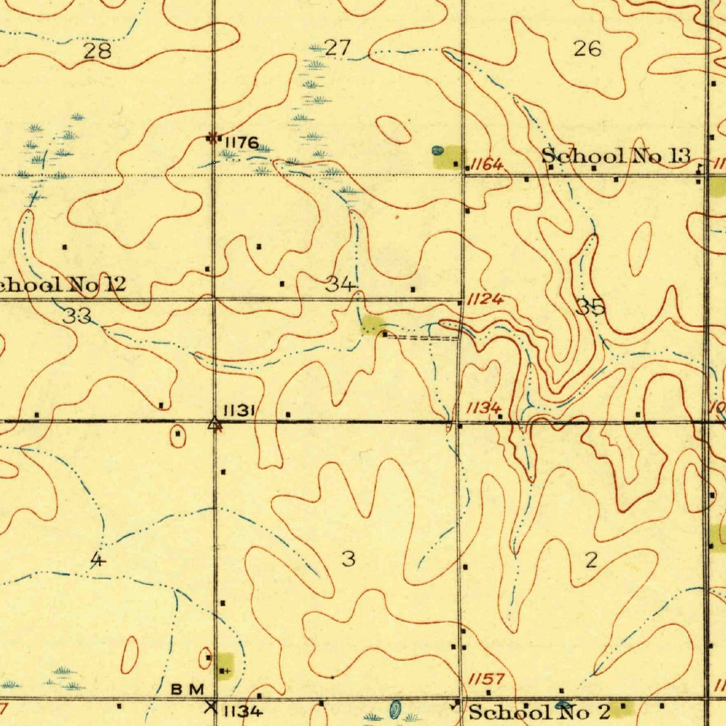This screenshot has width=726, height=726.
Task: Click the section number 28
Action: click(x=98, y=50)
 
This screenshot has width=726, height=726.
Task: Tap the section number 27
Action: click(x=337, y=48)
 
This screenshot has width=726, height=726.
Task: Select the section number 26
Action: click(x=588, y=48)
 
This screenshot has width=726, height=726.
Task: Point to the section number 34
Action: click(x=341, y=285)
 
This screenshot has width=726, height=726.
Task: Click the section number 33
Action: click(x=77, y=316)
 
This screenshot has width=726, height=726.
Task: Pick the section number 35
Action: click(x=591, y=307)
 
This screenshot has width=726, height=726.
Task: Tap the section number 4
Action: click(x=98, y=560)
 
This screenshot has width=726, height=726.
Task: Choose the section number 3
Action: click(x=348, y=559)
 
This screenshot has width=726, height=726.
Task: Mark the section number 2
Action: click(x=591, y=561)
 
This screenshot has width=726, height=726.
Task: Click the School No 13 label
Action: click(x=615, y=156)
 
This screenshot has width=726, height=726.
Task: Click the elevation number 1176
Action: click(x=241, y=143)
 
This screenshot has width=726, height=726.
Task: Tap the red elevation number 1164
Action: click(x=487, y=165)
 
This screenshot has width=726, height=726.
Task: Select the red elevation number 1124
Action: click(x=485, y=299)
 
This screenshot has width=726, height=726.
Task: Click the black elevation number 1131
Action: click(x=239, y=411)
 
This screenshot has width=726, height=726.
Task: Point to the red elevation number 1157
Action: click(x=486, y=679)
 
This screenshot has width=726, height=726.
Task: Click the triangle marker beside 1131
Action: click(x=214, y=424)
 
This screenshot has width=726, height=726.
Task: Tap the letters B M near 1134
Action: click(x=188, y=688)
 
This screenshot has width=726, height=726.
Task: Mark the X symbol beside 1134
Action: click(x=211, y=706)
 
